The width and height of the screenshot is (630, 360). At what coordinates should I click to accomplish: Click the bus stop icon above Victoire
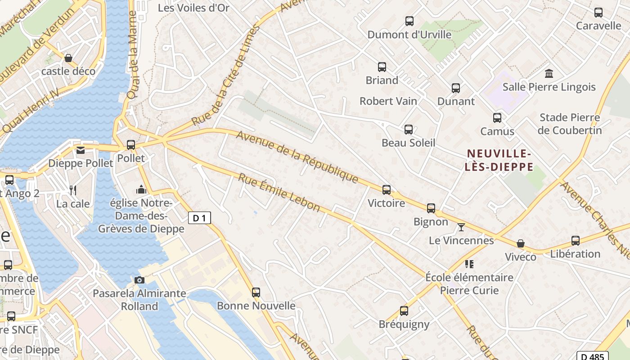coord(386,189)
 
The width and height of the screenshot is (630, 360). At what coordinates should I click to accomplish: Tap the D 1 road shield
coord(199,218)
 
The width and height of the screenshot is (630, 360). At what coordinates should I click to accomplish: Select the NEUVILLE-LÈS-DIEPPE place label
coord(499,160)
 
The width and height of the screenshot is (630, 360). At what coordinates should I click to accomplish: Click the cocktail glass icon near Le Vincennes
coord(461,227)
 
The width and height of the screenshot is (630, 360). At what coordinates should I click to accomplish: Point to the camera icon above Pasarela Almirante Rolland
coord(139,280)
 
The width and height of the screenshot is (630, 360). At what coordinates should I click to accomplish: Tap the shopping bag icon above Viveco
coord(520,243)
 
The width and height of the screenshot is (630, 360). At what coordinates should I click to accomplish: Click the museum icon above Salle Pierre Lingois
coord(549,73)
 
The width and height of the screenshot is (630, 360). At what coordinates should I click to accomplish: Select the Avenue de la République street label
coord(297,157)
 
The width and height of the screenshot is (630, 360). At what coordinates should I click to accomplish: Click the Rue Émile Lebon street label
coord(279,193)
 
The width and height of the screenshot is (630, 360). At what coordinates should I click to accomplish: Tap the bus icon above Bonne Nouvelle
coord(256,292)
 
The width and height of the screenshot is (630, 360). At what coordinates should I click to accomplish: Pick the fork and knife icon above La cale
coord(73,190)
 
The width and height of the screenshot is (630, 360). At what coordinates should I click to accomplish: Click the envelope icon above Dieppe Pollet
coord(81,150)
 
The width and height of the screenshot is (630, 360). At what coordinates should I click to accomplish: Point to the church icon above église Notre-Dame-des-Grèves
coord(141,189)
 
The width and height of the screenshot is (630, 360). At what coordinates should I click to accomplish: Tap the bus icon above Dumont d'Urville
coord(409,21)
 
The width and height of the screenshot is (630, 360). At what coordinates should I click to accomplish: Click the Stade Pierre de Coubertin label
coord(570,124)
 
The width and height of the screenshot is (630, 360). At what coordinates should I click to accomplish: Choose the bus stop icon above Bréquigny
coord(404,310)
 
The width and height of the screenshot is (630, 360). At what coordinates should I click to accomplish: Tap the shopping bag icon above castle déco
coord(68,58)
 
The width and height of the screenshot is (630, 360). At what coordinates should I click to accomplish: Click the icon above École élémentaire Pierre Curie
coord(469,264)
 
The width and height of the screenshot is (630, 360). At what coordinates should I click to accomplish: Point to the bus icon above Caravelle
coord(598,13)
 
